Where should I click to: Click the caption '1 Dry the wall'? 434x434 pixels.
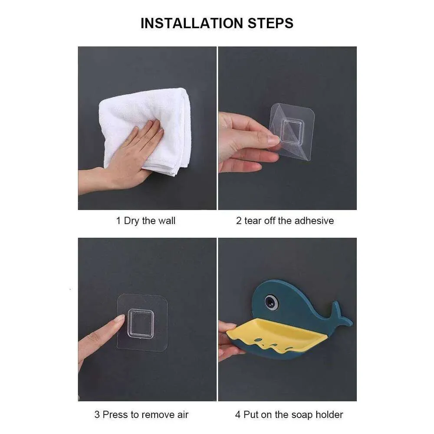145,220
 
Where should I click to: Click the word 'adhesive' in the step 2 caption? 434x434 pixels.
313,220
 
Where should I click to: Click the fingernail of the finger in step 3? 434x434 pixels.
118,319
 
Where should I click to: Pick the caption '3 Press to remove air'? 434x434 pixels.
141,414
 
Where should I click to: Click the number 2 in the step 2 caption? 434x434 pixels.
238,220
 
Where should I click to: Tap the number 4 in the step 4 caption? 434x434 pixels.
237,414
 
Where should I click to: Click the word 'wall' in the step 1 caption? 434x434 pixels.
167,220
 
